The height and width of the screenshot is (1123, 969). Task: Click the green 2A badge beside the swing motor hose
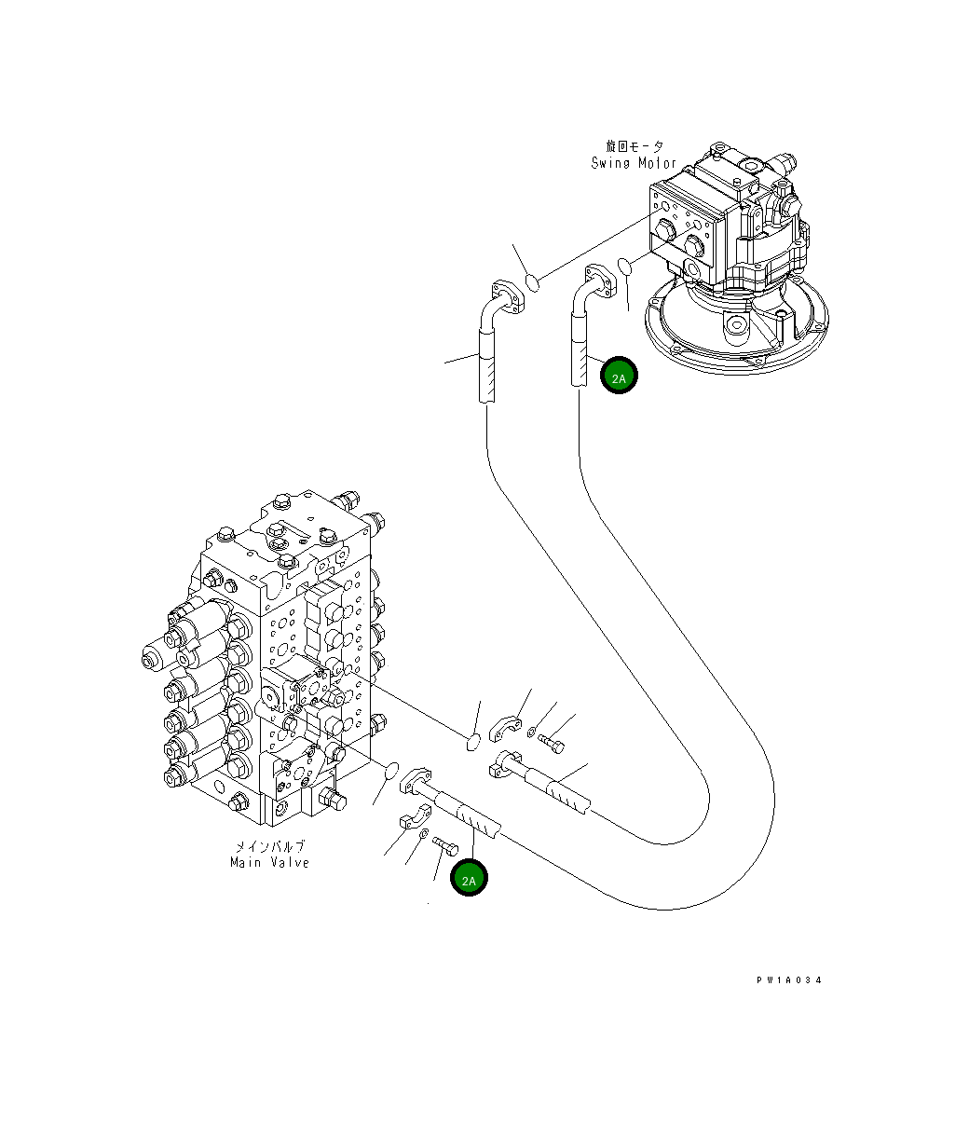tap(619, 376)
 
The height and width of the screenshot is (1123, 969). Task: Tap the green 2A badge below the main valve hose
tap(469, 879)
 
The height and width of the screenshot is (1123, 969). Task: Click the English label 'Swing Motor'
tap(634, 163)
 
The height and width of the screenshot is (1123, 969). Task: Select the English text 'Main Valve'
tap(269, 862)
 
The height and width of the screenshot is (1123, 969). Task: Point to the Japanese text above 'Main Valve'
tap(269, 846)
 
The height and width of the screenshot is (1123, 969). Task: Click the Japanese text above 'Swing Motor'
tap(635, 147)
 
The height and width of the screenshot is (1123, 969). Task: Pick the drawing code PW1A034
tap(789, 979)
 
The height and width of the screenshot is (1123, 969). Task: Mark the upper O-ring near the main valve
tap(474, 741)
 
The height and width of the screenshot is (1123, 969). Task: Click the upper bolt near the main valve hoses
tap(551, 744)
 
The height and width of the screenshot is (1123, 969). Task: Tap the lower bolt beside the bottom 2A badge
tap(445, 844)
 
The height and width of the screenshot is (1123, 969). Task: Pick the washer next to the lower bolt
tap(424, 834)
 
